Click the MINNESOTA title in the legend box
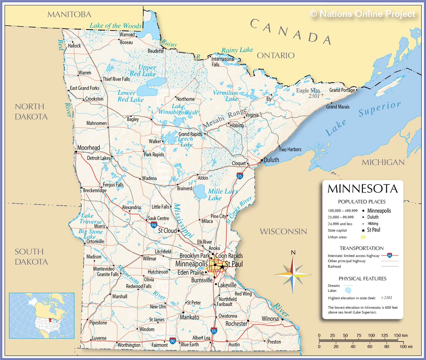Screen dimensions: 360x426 362,189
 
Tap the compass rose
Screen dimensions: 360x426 293,274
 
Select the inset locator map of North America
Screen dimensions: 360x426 42,316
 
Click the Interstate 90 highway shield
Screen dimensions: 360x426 173,341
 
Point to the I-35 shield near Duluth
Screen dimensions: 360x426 240,176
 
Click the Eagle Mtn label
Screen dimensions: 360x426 308,90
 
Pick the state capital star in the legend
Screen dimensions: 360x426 363,230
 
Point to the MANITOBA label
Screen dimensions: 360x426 69,15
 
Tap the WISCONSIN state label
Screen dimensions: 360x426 283,232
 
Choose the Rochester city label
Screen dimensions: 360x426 236,324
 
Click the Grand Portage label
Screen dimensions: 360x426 342,90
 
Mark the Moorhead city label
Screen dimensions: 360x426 89,148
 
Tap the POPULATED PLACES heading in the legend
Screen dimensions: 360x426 362,201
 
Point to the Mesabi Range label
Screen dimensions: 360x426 225,119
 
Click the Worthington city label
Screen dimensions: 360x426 129,345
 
